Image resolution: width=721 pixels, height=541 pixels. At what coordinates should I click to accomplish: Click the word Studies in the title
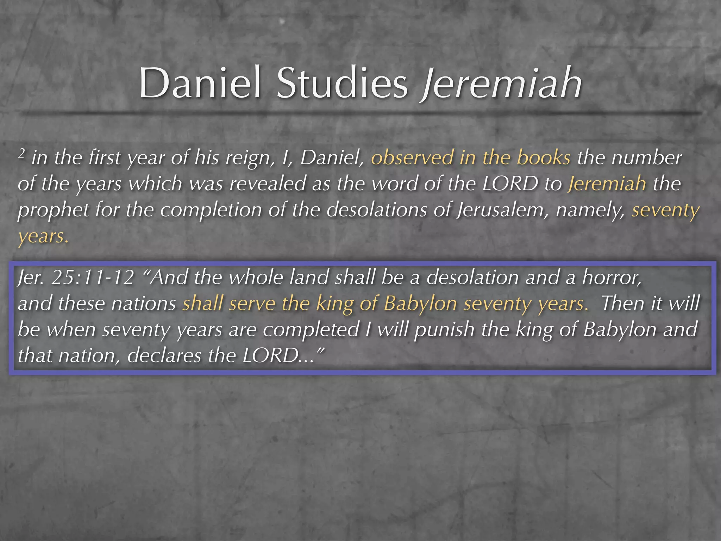point(342,83)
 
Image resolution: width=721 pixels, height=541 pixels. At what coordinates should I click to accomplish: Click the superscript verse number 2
point(22,154)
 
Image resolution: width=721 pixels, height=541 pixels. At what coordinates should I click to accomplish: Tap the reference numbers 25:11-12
point(92,278)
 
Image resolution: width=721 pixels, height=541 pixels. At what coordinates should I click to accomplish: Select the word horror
point(612,278)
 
